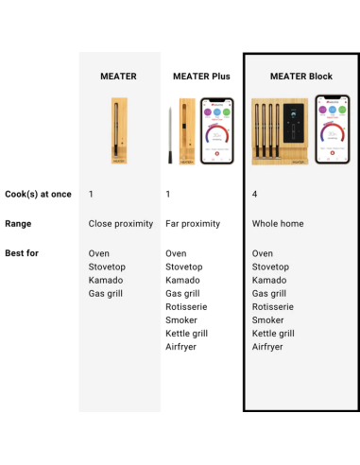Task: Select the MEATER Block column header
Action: [300, 76]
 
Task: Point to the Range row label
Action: [19, 224]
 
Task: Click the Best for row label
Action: [22, 253]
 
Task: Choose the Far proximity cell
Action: [193, 224]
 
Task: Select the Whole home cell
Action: [278, 224]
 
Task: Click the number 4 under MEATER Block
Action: [255, 194]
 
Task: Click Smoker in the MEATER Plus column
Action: [181, 320]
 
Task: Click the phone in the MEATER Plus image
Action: [217, 130]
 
